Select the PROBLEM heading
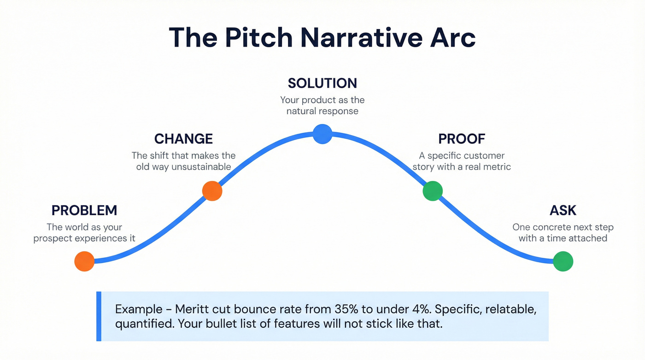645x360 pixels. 84,211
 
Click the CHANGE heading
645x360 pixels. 183,139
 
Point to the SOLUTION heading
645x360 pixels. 322,83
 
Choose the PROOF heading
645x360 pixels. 462,139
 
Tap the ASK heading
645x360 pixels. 563,211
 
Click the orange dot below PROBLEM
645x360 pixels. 84,261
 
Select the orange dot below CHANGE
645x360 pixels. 212,191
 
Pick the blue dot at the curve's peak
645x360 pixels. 322,134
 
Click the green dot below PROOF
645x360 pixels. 433,191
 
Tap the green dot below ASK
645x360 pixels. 563,261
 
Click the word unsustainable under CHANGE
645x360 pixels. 201,167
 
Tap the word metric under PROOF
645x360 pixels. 495,167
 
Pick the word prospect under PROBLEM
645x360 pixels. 55,238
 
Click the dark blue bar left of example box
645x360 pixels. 99,316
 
